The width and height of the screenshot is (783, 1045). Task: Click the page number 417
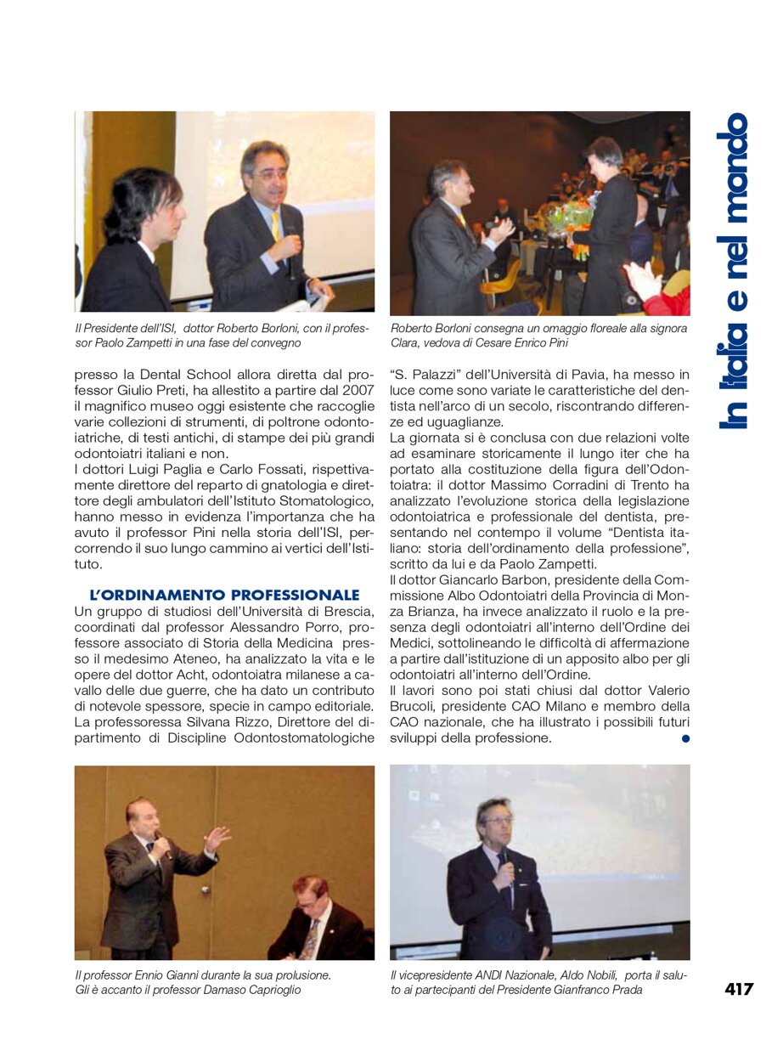pos(739,989)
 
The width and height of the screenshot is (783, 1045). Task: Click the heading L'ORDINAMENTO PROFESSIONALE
pos(224,595)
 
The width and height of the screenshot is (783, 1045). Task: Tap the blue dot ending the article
pos(685,738)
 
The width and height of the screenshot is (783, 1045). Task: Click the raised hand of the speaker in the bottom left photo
pos(217,838)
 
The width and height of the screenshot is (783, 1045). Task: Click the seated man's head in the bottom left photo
pos(311,892)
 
